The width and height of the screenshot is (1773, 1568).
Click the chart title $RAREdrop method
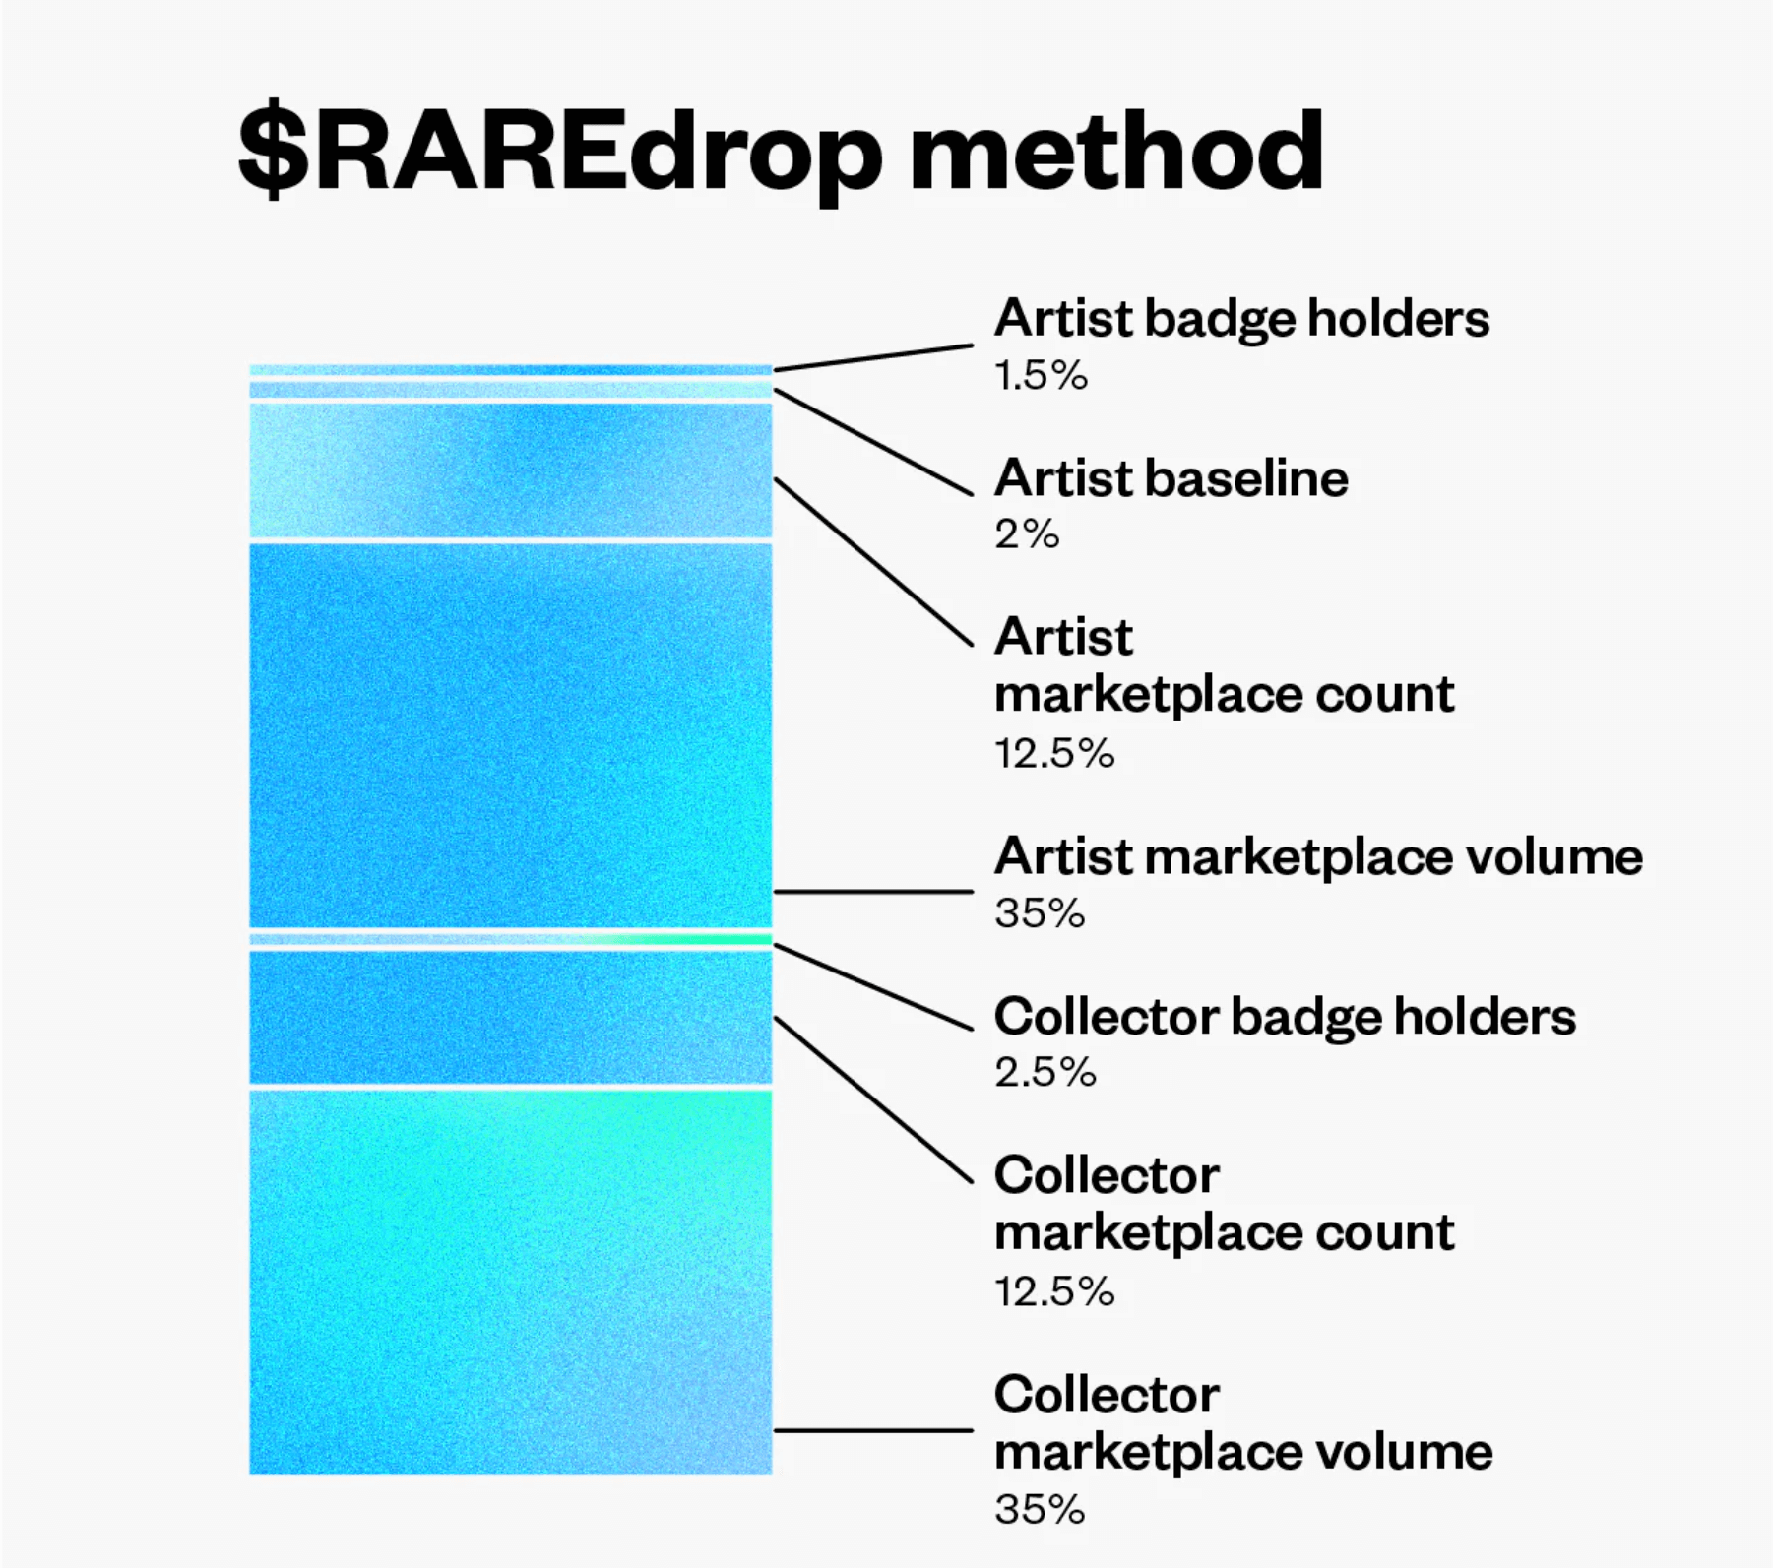click(x=781, y=153)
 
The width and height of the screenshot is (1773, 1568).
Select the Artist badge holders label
click(x=1241, y=318)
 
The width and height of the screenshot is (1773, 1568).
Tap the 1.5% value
click(x=1041, y=375)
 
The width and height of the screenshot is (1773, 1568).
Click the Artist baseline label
click(x=1171, y=477)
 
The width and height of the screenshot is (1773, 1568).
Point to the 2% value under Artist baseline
click(x=1027, y=534)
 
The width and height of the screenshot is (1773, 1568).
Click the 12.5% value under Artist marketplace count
click(x=1054, y=753)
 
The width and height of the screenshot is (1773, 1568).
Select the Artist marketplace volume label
click(x=1318, y=855)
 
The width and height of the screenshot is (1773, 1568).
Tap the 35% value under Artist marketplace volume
click(x=1040, y=912)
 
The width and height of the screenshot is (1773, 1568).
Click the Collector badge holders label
click(x=1285, y=1016)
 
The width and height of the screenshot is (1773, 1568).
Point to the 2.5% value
click(x=1045, y=1072)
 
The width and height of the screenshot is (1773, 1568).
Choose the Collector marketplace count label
click(x=1224, y=1203)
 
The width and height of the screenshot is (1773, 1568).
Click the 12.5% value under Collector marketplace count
click(x=1054, y=1290)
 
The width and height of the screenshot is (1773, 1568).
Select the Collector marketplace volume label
click(x=1243, y=1422)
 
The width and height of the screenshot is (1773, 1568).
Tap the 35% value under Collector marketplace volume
click(x=1040, y=1509)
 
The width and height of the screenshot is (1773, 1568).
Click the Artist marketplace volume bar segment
click(x=511, y=735)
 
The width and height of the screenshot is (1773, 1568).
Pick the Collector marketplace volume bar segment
click(x=511, y=1283)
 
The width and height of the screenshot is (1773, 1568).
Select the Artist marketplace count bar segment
click(x=511, y=470)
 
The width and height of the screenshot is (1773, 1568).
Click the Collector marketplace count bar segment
click(x=511, y=1018)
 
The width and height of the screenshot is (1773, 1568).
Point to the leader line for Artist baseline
click(x=873, y=442)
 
